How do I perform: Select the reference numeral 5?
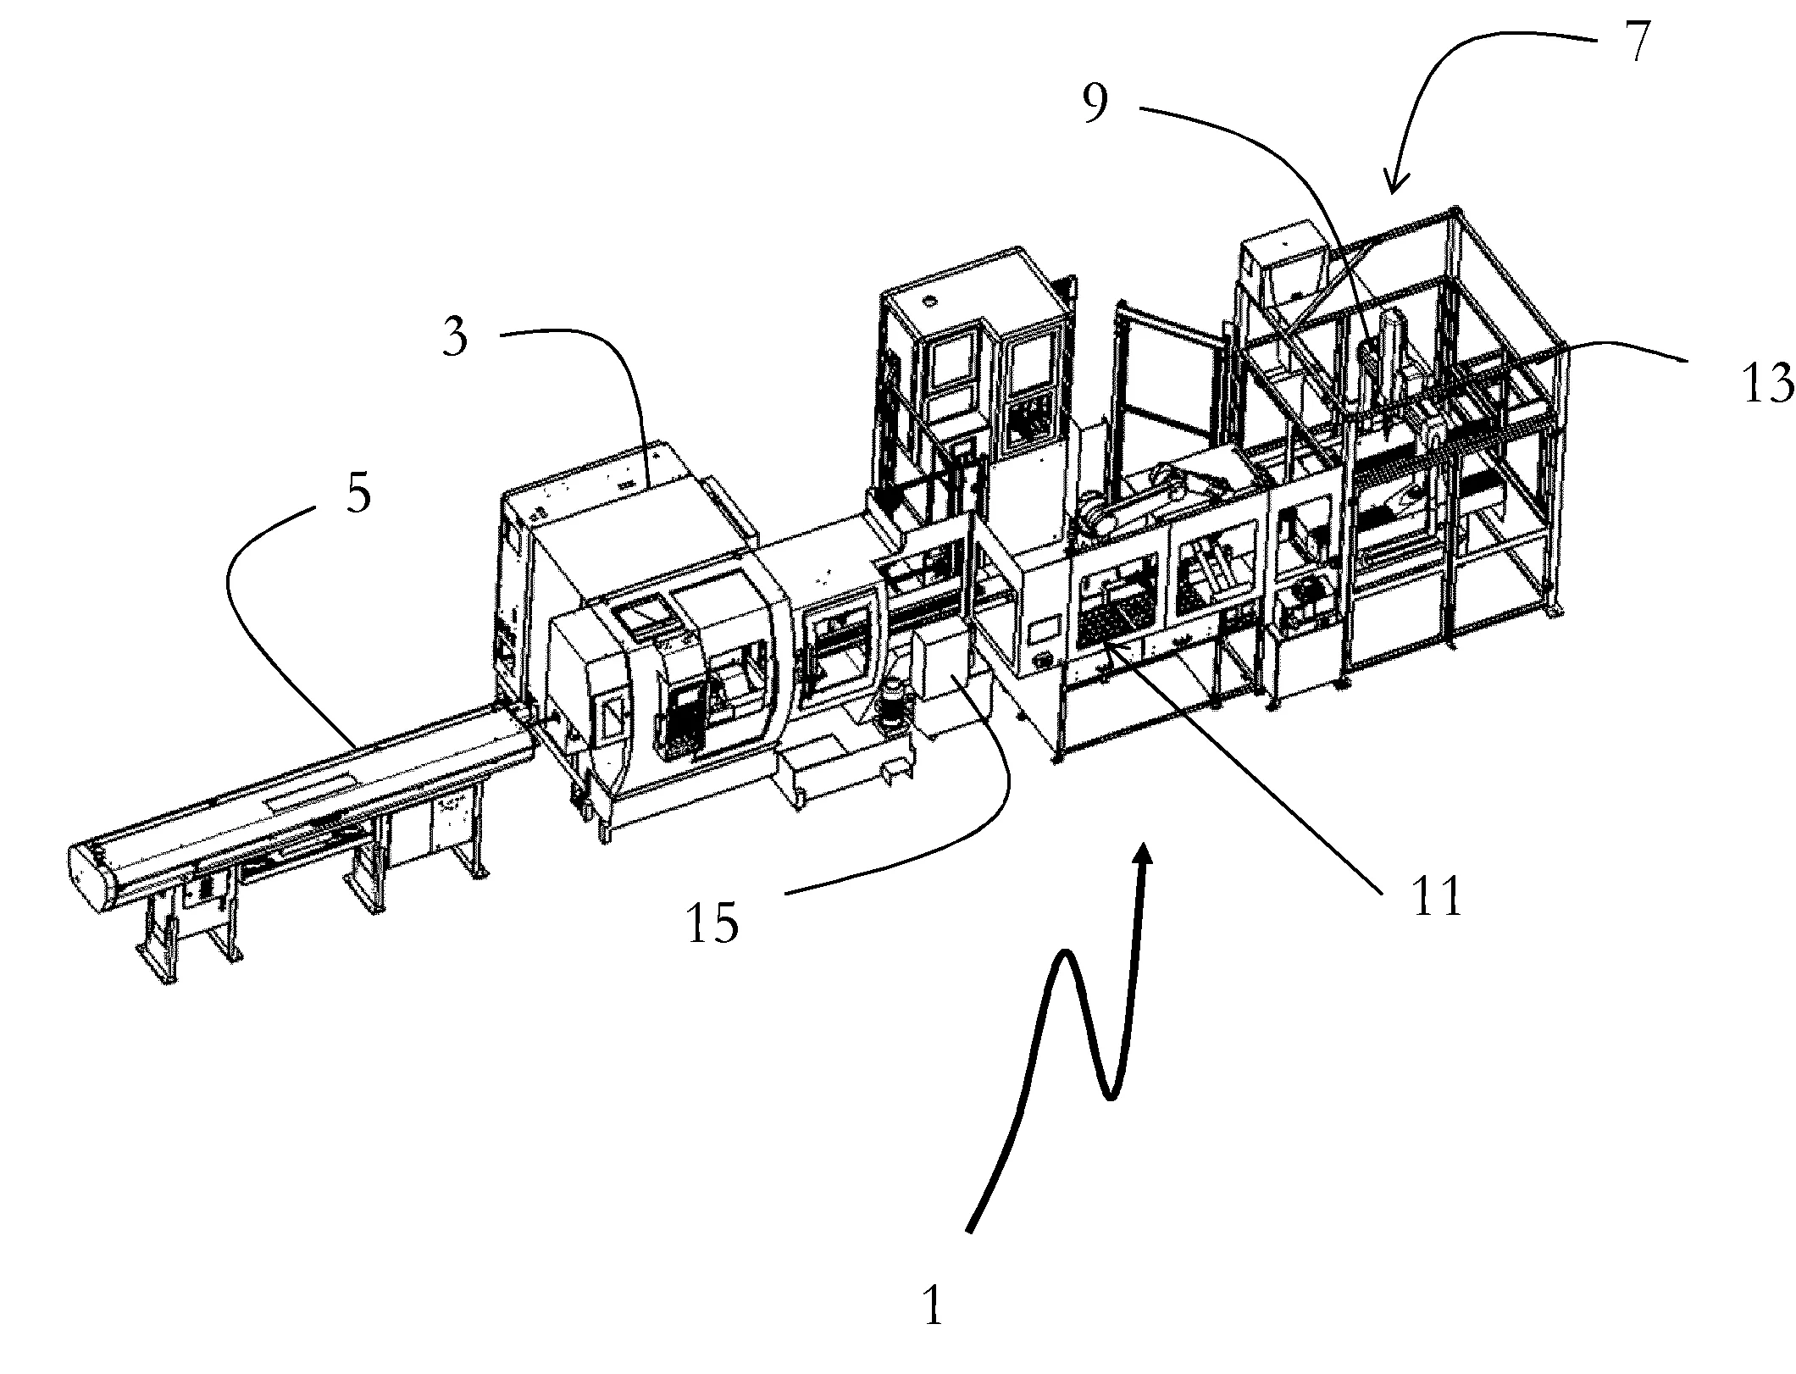pyautogui.click(x=359, y=492)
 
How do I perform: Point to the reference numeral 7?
pyautogui.click(x=1637, y=41)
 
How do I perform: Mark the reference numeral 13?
pyautogui.click(x=1766, y=382)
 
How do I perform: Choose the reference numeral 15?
pyautogui.click(x=712, y=922)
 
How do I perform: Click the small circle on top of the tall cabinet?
pyautogui.click(x=932, y=301)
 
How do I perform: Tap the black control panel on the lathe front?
pyautogui.click(x=683, y=720)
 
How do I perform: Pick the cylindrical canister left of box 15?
pyautogui.click(x=889, y=702)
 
